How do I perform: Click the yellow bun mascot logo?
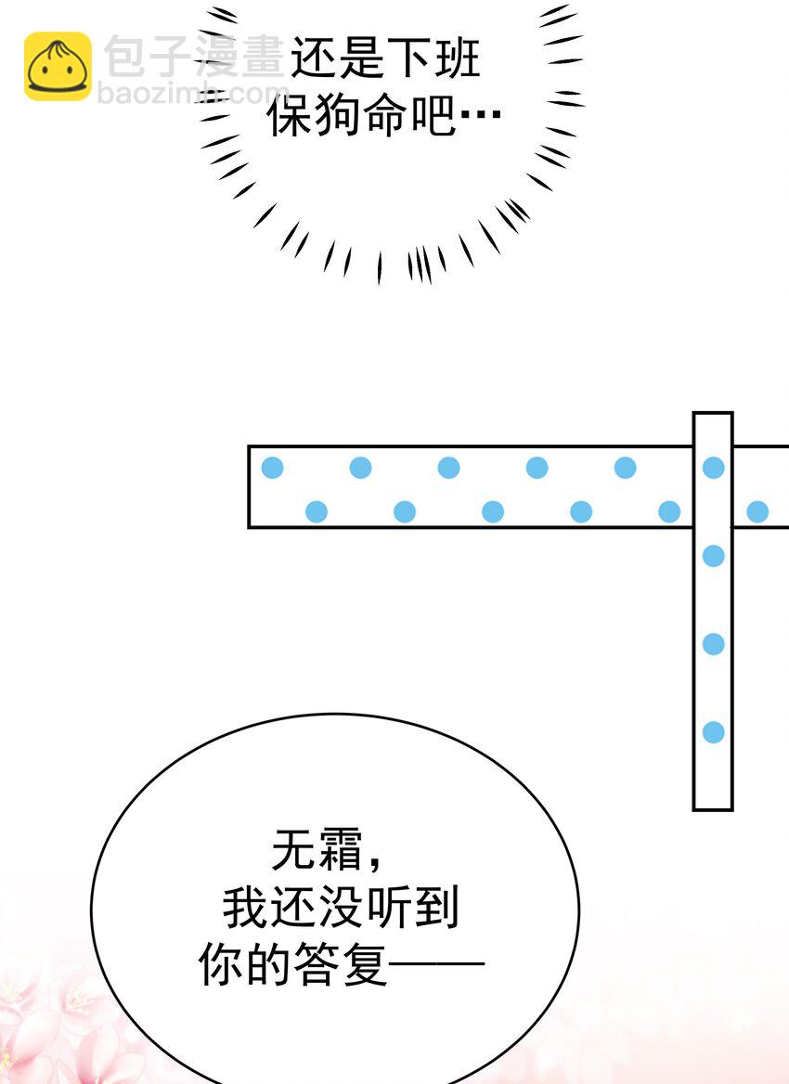pyautogui.click(x=58, y=67)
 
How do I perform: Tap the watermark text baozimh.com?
pyautogui.click(x=193, y=93)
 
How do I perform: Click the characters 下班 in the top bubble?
pyautogui.click(x=433, y=58)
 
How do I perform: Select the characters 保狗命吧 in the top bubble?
pyautogui.click(x=362, y=115)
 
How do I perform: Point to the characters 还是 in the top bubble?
pyautogui.click(x=338, y=58)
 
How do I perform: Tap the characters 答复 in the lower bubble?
pyautogui.click(x=341, y=964)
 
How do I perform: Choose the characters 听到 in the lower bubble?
pyautogui.click(x=413, y=907)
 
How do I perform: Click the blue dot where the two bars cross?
pyautogui.click(x=714, y=468)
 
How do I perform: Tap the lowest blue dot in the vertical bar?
pyautogui.click(x=714, y=732)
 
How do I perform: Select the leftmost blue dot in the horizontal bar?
pyautogui.click(x=273, y=468)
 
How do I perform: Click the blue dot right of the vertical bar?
pyautogui.click(x=757, y=511)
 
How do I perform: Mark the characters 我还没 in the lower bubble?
pyautogui.click(x=293, y=907)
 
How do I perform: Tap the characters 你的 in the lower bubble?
pyautogui.click(x=245, y=964)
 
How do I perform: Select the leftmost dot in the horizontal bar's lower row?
pyautogui.click(x=317, y=511)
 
